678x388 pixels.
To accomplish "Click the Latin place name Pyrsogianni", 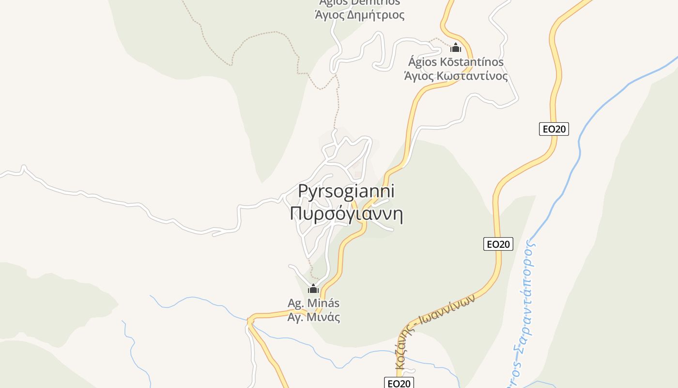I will (x=346, y=191).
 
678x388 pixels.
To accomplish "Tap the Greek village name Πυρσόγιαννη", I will (x=346, y=213).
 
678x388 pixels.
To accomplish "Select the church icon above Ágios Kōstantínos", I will (x=455, y=48).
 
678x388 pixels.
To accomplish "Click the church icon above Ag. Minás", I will (x=313, y=289).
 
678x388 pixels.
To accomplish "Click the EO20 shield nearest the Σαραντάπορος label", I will (x=498, y=244).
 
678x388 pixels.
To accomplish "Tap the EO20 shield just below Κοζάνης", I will (x=400, y=383).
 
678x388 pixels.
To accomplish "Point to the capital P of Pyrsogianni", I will (x=303, y=191).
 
